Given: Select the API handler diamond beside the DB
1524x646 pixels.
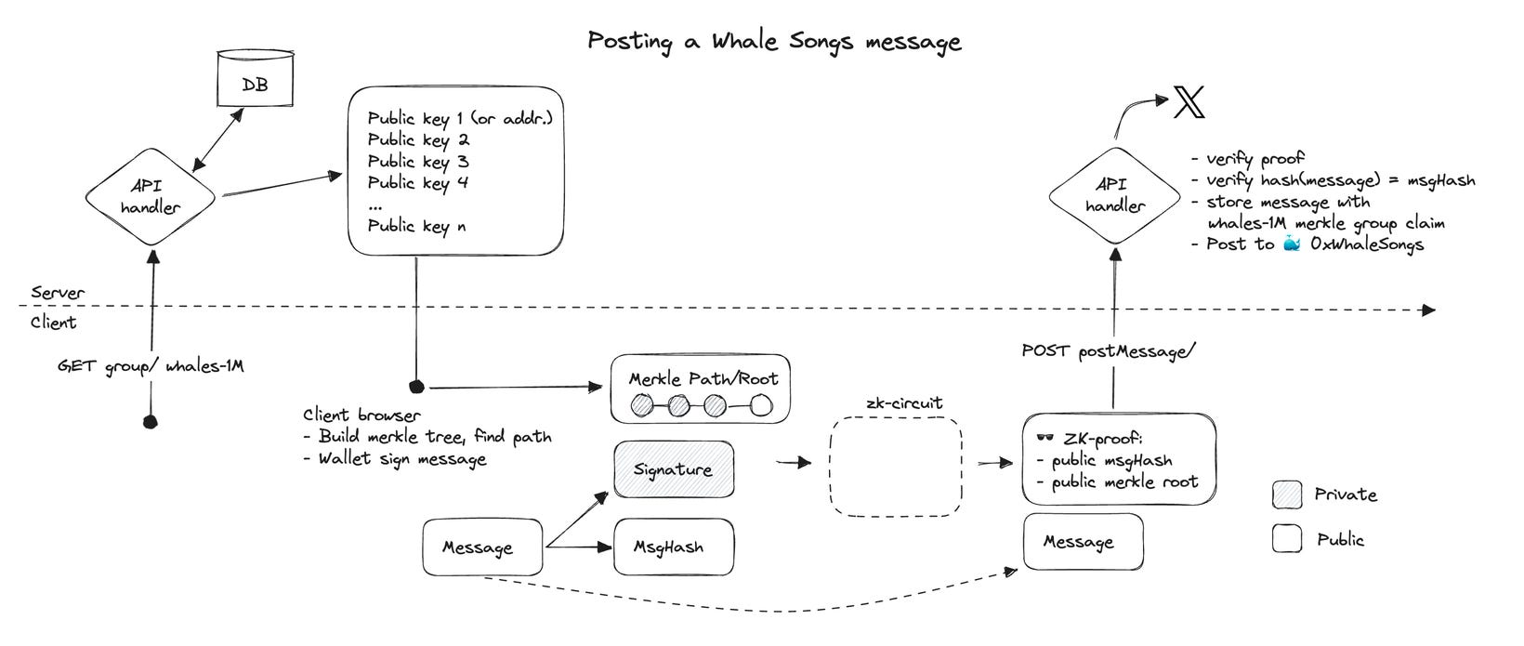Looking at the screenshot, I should click(x=151, y=197).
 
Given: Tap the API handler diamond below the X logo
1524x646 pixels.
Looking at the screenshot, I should click(x=1114, y=195).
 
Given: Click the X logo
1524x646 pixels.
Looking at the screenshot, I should click(x=1189, y=101).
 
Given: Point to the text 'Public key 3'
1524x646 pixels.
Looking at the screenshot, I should click(x=418, y=162).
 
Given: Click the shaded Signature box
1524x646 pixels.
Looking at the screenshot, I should click(x=673, y=469).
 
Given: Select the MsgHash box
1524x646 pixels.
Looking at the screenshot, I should click(x=673, y=547).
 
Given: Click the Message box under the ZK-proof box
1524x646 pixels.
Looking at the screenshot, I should click(x=1083, y=542).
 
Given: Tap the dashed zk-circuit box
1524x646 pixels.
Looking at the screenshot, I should click(x=895, y=467).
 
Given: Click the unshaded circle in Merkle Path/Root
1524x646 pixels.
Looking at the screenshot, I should click(x=761, y=406).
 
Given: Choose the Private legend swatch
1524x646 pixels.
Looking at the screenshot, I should click(x=1287, y=495).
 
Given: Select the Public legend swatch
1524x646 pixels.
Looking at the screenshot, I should click(x=1287, y=539).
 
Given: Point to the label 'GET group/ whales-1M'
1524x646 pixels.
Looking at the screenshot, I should click(x=151, y=366).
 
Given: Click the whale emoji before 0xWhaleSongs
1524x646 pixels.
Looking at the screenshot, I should click(x=1292, y=244).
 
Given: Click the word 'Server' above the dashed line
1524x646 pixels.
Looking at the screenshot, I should click(x=58, y=293).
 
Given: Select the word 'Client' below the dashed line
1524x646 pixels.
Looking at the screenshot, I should click(x=54, y=323).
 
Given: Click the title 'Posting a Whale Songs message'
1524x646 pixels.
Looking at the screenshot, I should click(x=774, y=42).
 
